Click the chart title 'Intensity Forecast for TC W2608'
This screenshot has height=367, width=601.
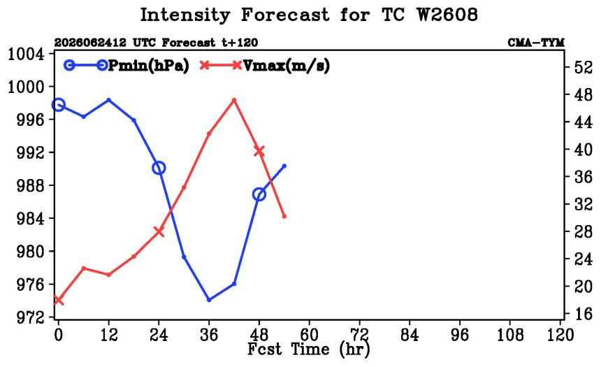pos(309,15)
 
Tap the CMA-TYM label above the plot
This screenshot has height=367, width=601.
pos(536,43)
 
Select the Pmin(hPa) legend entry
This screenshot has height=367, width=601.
pos(126,66)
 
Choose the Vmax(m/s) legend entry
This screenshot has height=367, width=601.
pos(265,66)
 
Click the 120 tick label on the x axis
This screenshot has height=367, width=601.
pos(560,335)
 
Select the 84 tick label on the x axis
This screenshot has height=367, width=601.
pos(410,335)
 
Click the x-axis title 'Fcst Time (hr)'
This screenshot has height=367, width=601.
pos(309,349)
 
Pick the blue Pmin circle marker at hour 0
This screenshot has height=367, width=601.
pos(58,105)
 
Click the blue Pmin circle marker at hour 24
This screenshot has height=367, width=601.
pos(159,168)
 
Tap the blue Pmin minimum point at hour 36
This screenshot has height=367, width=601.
pos(209,300)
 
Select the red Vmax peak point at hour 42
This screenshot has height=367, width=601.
pos(234,100)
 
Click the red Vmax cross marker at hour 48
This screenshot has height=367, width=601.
pos(259,151)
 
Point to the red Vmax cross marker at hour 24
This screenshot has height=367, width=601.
pos(159,231)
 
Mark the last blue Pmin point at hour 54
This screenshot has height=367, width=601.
pos(284,166)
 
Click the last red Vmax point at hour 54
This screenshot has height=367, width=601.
pos(284,216)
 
